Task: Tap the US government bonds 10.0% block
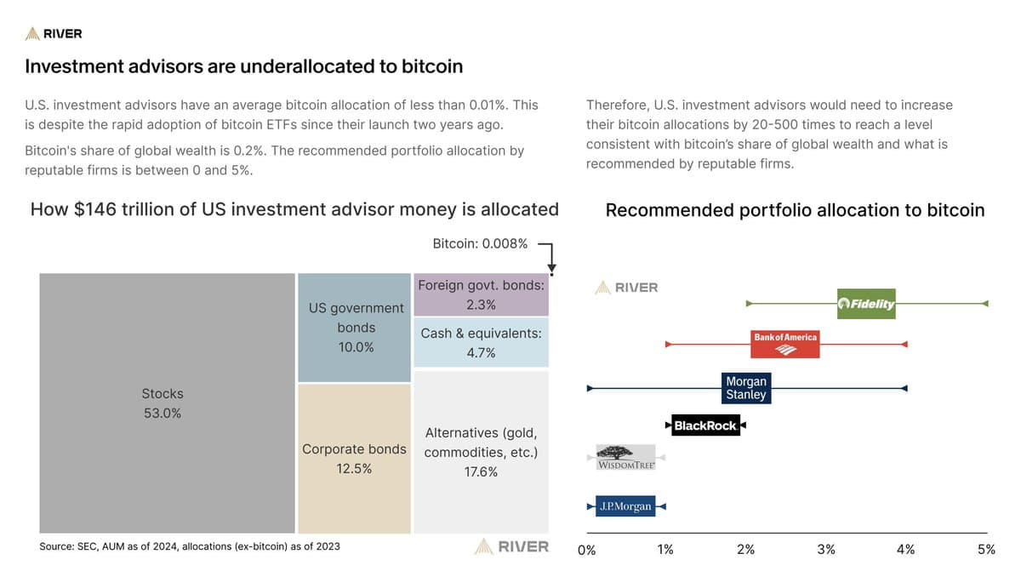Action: [x=355, y=328]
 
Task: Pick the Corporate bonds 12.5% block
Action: [x=355, y=458]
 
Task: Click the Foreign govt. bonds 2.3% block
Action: [x=481, y=294]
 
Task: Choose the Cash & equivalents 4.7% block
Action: [x=481, y=343]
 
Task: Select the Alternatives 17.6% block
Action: [x=481, y=452]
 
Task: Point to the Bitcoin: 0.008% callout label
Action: [x=480, y=243]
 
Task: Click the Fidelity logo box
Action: [x=866, y=304]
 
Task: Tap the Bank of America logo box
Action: [x=784, y=344]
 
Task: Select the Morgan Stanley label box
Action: [x=745, y=388]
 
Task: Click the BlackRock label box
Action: [x=704, y=425]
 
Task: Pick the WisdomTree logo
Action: [x=626, y=458]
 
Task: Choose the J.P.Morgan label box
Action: [x=625, y=506]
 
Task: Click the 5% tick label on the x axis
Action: [x=986, y=550]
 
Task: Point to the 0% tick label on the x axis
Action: [x=587, y=550]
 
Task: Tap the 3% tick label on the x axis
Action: [x=826, y=550]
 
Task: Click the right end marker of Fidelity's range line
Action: [x=984, y=304]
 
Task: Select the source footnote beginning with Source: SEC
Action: [x=190, y=546]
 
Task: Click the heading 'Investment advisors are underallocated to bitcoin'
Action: [x=243, y=66]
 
